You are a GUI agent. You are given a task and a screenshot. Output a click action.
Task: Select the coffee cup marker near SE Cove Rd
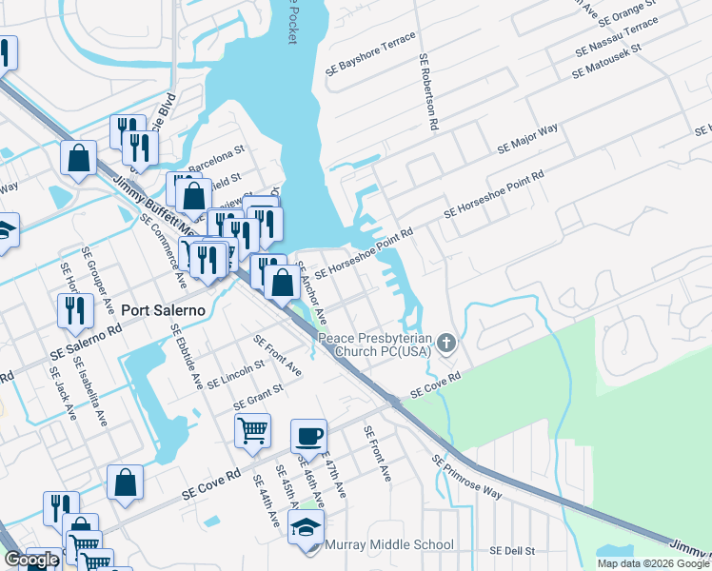308,437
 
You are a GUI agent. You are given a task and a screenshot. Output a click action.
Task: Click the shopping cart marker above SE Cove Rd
252,430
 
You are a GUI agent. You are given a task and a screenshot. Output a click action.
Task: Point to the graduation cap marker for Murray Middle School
307,528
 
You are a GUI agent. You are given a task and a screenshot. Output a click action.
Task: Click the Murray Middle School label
389,544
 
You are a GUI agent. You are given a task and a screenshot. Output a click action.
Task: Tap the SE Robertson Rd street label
427,91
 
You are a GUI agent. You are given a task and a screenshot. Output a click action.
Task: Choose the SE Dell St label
513,551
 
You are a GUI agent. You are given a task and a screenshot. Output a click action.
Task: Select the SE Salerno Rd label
88,341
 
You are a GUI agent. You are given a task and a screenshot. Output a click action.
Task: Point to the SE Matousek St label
608,60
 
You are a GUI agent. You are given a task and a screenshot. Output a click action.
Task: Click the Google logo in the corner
30,560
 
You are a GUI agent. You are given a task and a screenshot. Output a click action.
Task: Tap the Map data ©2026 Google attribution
653,563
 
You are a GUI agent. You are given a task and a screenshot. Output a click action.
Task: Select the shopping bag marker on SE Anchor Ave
282,283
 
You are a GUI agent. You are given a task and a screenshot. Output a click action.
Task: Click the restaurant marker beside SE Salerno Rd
74,310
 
